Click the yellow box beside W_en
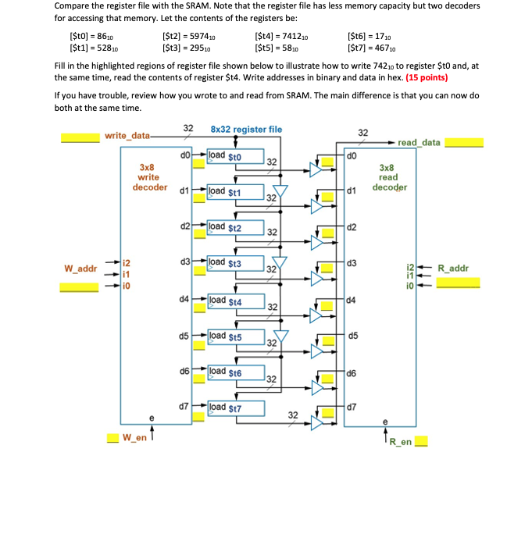(x=112, y=438)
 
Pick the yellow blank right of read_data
(x=464, y=143)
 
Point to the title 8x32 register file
(x=246, y=129)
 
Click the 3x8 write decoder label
(x=148, y=177)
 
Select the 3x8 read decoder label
(x=389, y=177)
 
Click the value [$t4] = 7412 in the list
(x=281, y=36)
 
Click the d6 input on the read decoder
(x=352, y=372)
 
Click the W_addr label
(x=80, y=269)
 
